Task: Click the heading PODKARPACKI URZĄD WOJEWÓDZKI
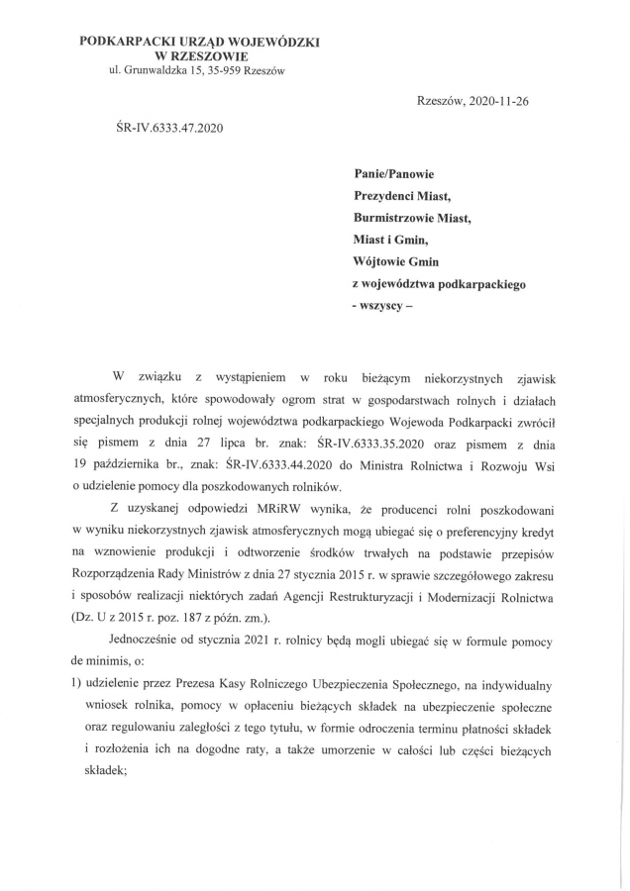(199, 43)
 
